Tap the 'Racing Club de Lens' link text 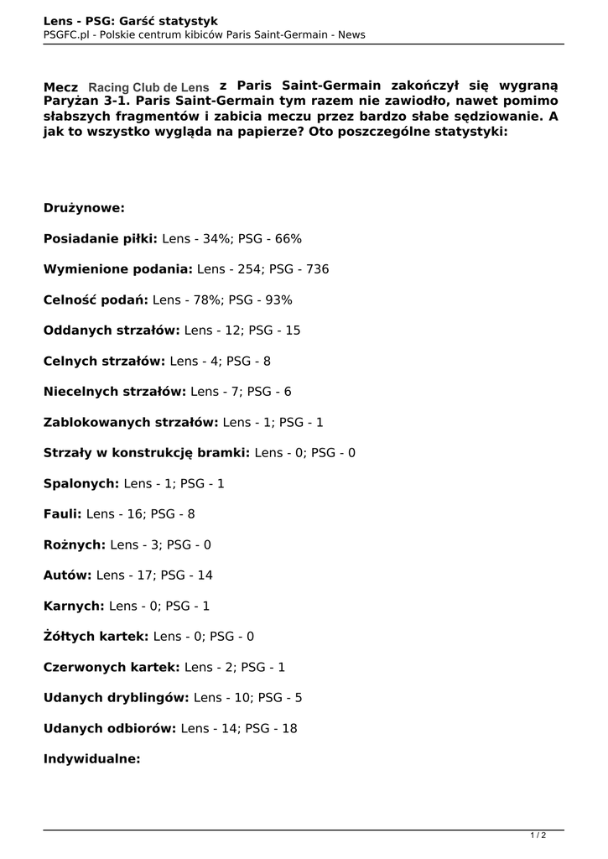tap(148, 87)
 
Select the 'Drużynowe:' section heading tap(84, 208)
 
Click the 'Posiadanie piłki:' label tap(101, 239)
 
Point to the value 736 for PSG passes tap(318, 269)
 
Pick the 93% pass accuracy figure tap(278, 299)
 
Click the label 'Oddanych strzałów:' tap(112, 331)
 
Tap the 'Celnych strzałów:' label tap(105, 361)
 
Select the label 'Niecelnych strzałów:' tap(115, 391)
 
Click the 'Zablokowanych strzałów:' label tap(131, 422)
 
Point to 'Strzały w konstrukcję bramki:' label tap(147, 452)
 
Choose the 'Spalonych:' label tap(81, 483)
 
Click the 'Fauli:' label tap(63, 513)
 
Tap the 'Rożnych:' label tap(75, 544)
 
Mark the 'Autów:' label tap(68, 575)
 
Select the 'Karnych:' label tap(75, 606)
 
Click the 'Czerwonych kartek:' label tap(112, 667)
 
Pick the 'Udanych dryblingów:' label tap(117, 697)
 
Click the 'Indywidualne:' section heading tap(91, 758)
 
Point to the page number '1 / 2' tap(538, 835)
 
